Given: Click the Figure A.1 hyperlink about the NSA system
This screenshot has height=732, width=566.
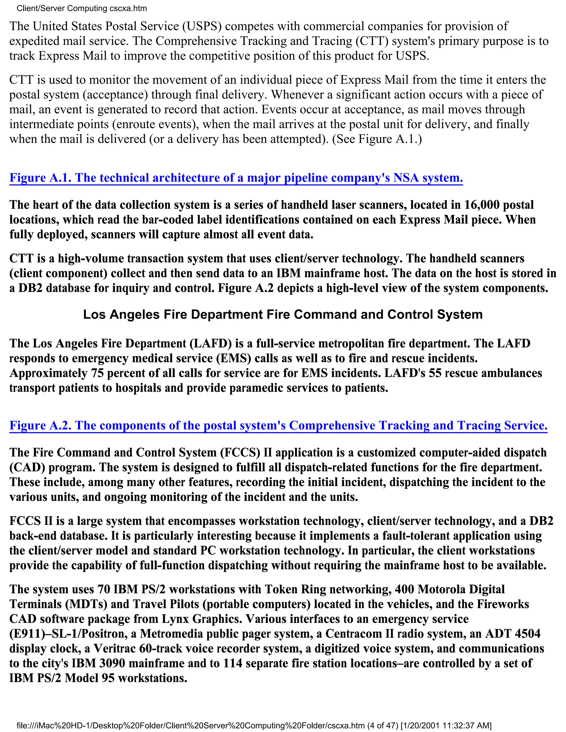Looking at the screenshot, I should [x=236, y=178].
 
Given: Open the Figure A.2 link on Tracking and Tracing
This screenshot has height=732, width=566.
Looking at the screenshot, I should [x=278, y=425].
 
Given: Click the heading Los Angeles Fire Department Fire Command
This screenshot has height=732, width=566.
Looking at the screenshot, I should [x=283, y=314].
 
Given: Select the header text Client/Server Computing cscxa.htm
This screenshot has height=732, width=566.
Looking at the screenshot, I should [x=82, y=8].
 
